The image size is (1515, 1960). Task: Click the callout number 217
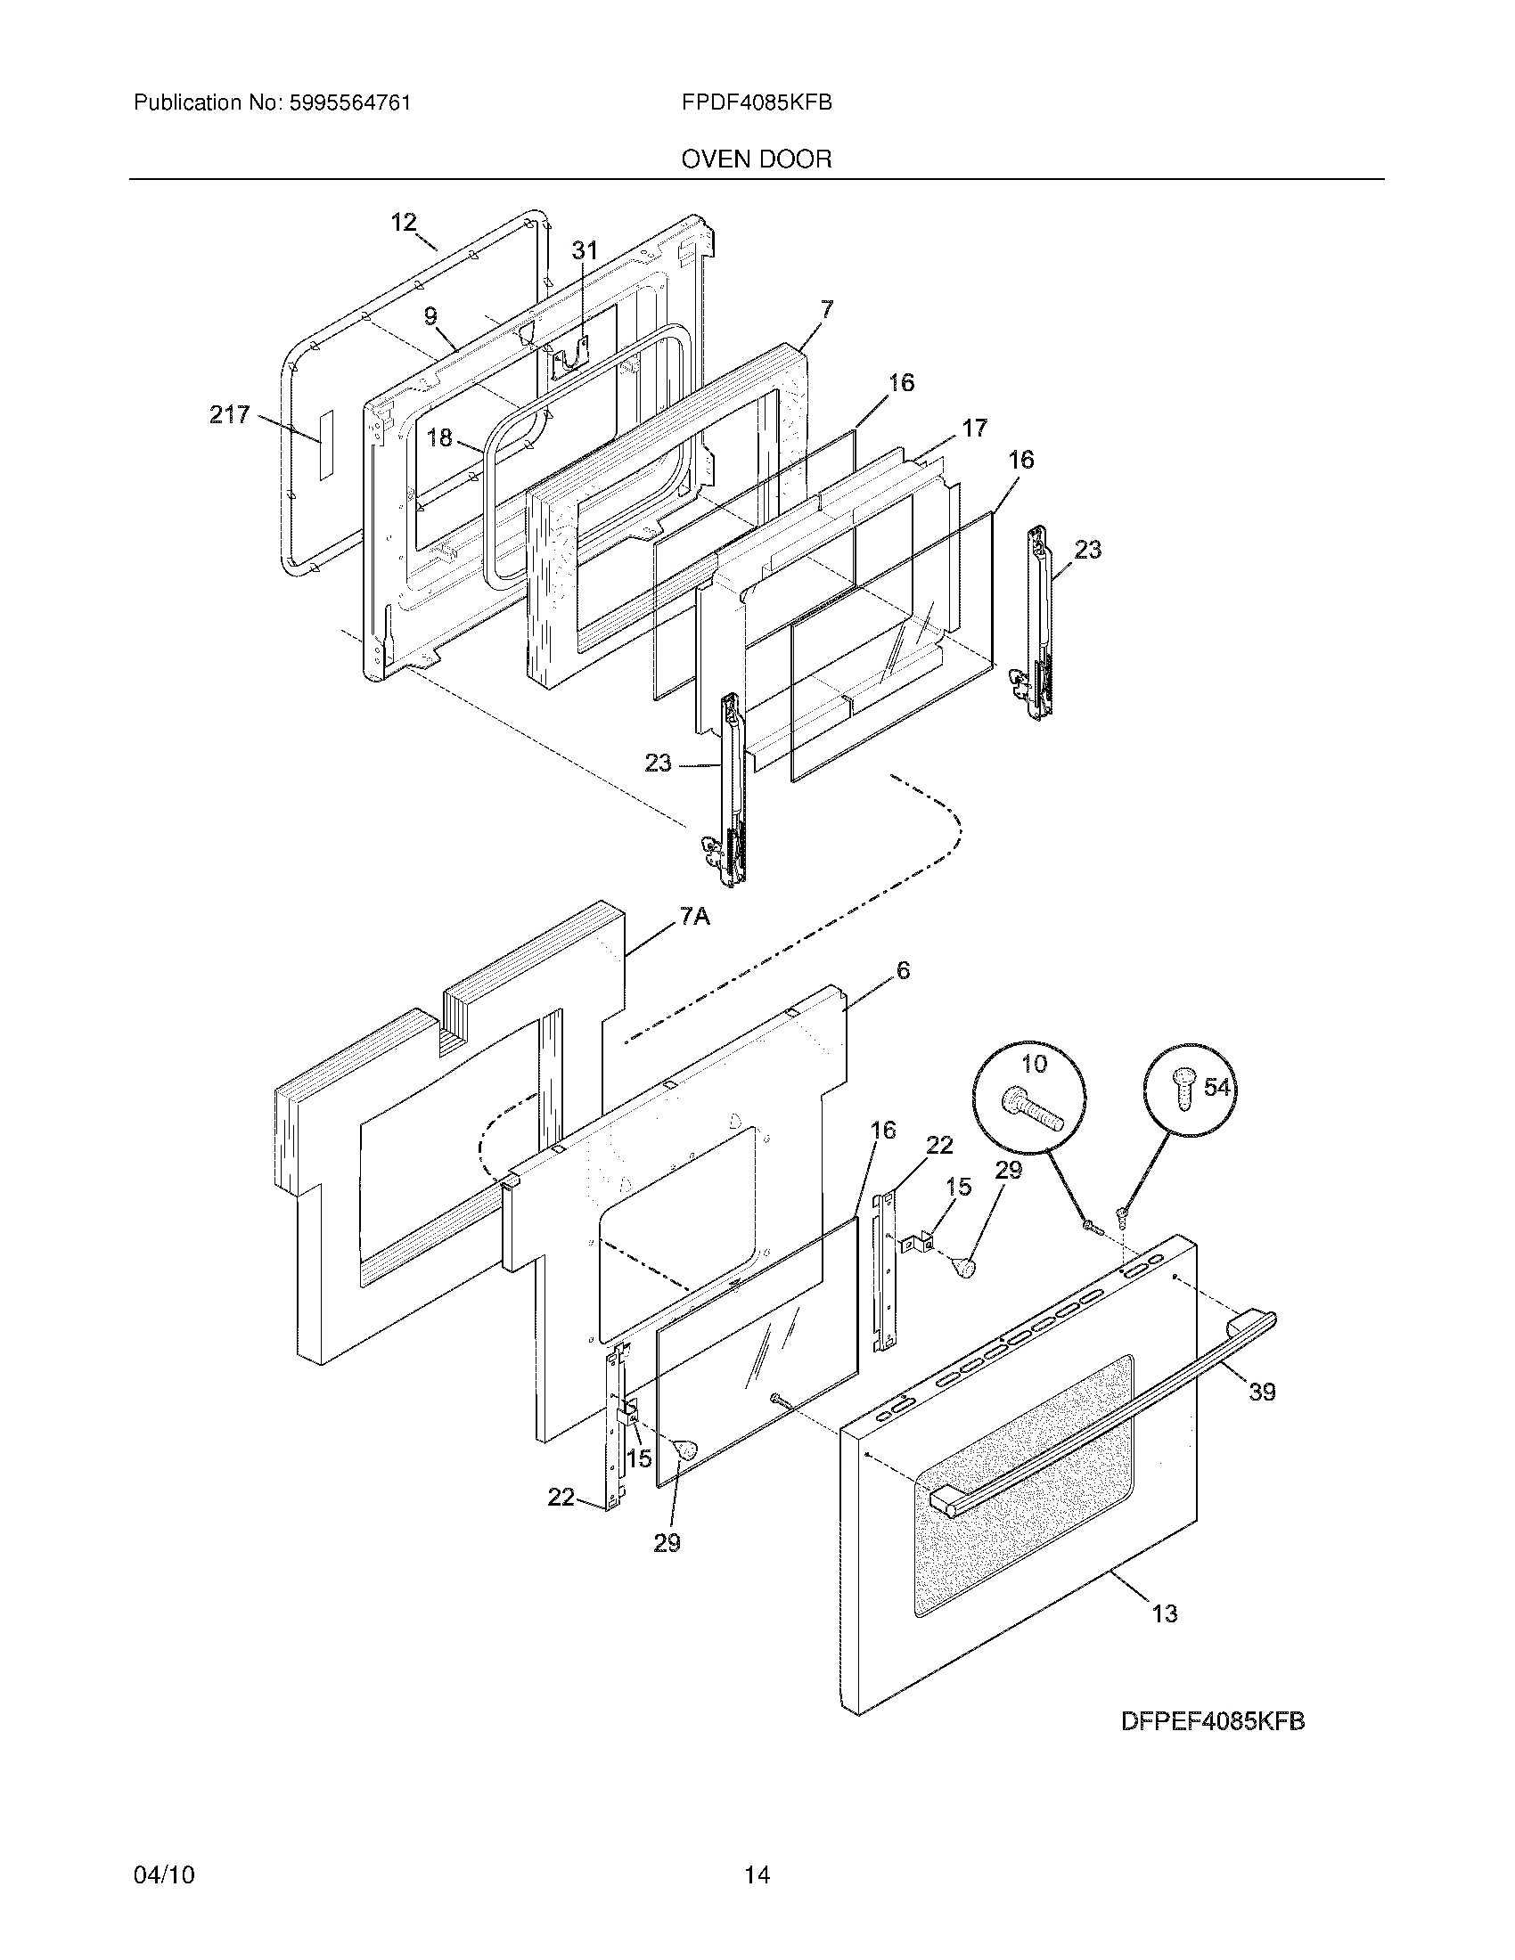229,414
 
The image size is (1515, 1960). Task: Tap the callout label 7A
695,916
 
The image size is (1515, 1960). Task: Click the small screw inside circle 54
1184,1093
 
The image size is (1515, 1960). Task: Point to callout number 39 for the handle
1262,1392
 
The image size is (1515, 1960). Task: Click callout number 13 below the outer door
1164,1613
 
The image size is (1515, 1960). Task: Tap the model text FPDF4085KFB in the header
757,103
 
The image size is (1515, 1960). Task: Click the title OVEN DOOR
757,159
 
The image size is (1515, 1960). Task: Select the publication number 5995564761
349,103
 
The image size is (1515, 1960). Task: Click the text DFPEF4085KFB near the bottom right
1213,1722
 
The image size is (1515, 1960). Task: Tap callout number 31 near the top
585,250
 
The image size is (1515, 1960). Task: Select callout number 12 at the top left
404,222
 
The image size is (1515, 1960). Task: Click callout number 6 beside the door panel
903,970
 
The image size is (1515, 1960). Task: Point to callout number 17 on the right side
975,427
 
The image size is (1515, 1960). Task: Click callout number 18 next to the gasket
439,438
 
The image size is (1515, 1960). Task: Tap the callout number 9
430,316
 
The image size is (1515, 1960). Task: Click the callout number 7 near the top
826,311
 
